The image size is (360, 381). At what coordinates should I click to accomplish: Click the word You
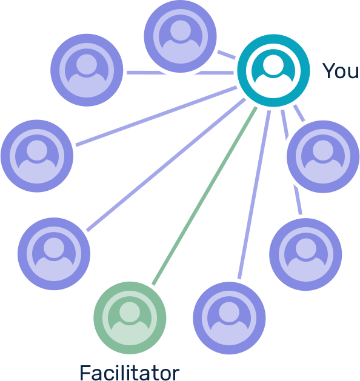pyautogui.click(x=341, y=71)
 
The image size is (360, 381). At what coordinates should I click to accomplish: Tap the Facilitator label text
pyautogui.click(x=130, y=373)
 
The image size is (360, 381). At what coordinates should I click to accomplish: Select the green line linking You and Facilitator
pyautogui.click(x=204, y=196)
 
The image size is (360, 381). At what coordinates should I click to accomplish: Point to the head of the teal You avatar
pyautogui.click(x=273, y=65)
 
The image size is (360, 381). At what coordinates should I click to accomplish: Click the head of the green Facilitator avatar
pyautogui.click(x=130, y=312)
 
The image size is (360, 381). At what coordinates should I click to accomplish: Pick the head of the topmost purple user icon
pyautogui.click(x=181, y=30)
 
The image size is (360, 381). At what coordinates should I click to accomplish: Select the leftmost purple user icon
pyautogui.click(x=37, y=156)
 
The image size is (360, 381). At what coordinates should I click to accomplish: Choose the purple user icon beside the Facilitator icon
pyautogui.click(x=229, y=318)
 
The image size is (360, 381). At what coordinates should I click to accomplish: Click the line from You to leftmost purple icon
pyautogui.click(x=156, y=116)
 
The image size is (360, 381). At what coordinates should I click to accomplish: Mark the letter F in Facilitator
pyautogui.click(x=85, y=373)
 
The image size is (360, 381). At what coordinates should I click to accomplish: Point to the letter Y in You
pyautogui.click(x=329, y=71)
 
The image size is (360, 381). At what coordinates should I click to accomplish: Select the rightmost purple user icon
pyautogui.click(x=323, y=157)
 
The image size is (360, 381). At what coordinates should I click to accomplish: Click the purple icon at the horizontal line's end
pyautogui.click(x=87, y=70)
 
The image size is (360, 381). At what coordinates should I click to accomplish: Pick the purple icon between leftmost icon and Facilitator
pyautogui.click(x=54, y=254)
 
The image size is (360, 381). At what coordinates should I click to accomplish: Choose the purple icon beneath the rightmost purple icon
pyautogui.click(x=306, y=254)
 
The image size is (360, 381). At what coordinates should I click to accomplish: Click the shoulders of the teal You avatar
pyautogui.click(x=273, y=79)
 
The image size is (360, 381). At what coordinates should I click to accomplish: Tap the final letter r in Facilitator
pyautogui.click(x=176, y=375)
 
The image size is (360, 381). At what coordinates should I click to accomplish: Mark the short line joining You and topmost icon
pyautogui.click(x=226, y=55)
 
